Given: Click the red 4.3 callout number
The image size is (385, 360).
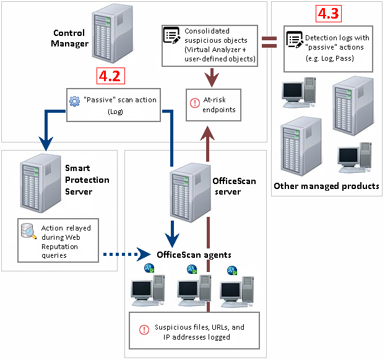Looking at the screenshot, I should coord(328,14).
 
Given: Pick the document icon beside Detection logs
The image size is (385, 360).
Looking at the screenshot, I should coord(295,41).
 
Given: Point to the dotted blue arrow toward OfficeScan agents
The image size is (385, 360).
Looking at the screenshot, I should coord(121,254).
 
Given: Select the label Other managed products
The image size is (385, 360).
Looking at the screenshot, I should coord(326,186).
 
